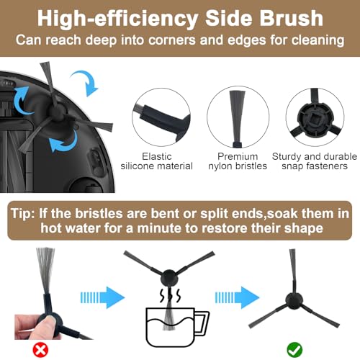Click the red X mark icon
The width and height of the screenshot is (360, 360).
(40, 350)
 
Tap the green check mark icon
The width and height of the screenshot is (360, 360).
(294, 350)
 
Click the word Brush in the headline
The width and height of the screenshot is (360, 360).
(292, 19)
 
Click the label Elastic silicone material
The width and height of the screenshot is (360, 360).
(157, 161)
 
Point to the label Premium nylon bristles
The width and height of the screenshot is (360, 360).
(238, 161)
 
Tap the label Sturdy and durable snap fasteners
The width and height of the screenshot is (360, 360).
(315, 161)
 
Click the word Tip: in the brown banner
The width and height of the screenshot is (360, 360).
(23, 213)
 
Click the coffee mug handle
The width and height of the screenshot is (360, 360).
(203, 323)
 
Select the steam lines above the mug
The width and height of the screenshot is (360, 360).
(170, 295)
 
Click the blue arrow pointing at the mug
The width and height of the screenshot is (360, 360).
(102, 297)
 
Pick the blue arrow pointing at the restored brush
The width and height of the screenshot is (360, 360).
(237, 297)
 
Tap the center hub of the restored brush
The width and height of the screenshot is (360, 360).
(294, 301)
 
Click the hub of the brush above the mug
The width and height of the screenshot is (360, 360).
(169, 279)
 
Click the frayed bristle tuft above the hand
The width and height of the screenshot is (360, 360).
(45, 270)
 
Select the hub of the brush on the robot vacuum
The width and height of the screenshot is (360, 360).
(57, 111)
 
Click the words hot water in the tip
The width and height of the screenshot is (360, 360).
(70, 228)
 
